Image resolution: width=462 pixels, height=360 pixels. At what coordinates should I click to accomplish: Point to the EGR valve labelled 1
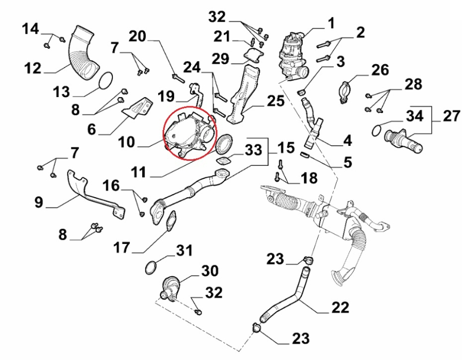(291, 53)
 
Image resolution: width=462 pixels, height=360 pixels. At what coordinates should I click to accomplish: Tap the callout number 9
(39, 202)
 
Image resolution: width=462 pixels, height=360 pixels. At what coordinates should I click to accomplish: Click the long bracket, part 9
(92, 195)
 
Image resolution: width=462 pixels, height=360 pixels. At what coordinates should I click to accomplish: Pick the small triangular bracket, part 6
(137, 109)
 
